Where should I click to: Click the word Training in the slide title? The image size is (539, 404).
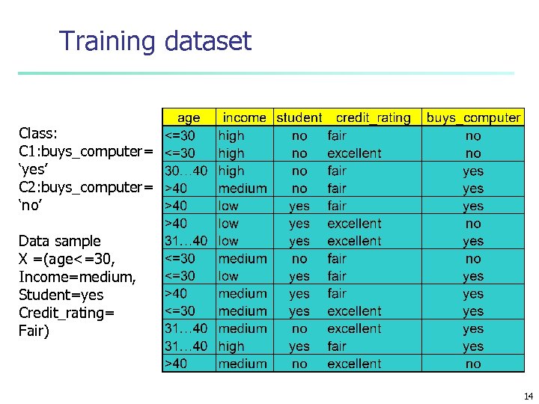tap(107, 41)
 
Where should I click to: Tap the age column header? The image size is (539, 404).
tap(189, 117)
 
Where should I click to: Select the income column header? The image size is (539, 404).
tap(244, 117)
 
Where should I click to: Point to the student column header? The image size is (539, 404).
tap(299, 117)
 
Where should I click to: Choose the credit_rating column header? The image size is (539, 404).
tap(373, 117)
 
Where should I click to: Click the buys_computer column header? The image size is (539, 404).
tap(472, 117)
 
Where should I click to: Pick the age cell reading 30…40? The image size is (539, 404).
tap(185, 171)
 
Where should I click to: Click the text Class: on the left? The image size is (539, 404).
tap(37, 134)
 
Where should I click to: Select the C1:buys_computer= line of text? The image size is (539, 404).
tap(85, 152)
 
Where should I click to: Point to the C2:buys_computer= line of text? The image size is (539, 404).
tap(85, 187)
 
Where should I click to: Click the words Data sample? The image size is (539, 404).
tap(59, 241)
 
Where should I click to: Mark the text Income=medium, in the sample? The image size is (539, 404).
tap(77, 277)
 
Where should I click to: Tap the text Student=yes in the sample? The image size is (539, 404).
tap(61, 295)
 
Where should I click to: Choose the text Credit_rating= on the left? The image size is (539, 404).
tap(67, 313)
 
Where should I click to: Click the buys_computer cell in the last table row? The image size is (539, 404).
tap(472, 364)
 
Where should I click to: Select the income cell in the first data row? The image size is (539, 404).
tap(231, 135)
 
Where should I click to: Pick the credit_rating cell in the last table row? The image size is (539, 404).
tap(354, 364)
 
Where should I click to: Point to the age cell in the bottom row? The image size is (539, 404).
tap(177, 364)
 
